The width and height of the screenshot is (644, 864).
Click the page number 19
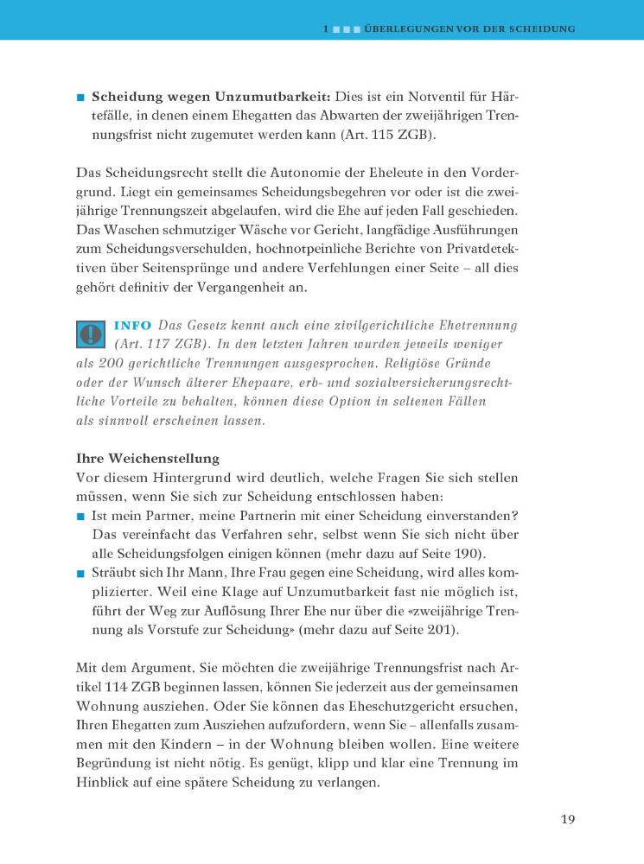coord(567,819)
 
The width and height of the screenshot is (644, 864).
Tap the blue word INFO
coord(132,325)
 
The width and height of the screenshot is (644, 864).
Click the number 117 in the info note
coord(156,344)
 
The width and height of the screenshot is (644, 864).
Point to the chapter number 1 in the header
coord(326,29)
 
